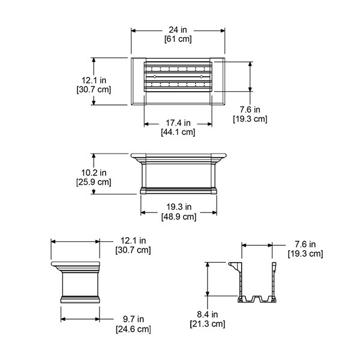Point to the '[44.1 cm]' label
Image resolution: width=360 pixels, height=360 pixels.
[x=178, y=133]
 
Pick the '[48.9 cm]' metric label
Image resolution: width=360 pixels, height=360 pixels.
[x=179, y=216]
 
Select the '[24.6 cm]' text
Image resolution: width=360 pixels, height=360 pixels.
[x=133, y=329]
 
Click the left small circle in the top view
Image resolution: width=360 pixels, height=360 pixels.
[x=155, y=77]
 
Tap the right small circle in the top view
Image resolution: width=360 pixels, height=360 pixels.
[x=202, y=77]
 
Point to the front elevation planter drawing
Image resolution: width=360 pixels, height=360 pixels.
[x=178, y=174]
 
